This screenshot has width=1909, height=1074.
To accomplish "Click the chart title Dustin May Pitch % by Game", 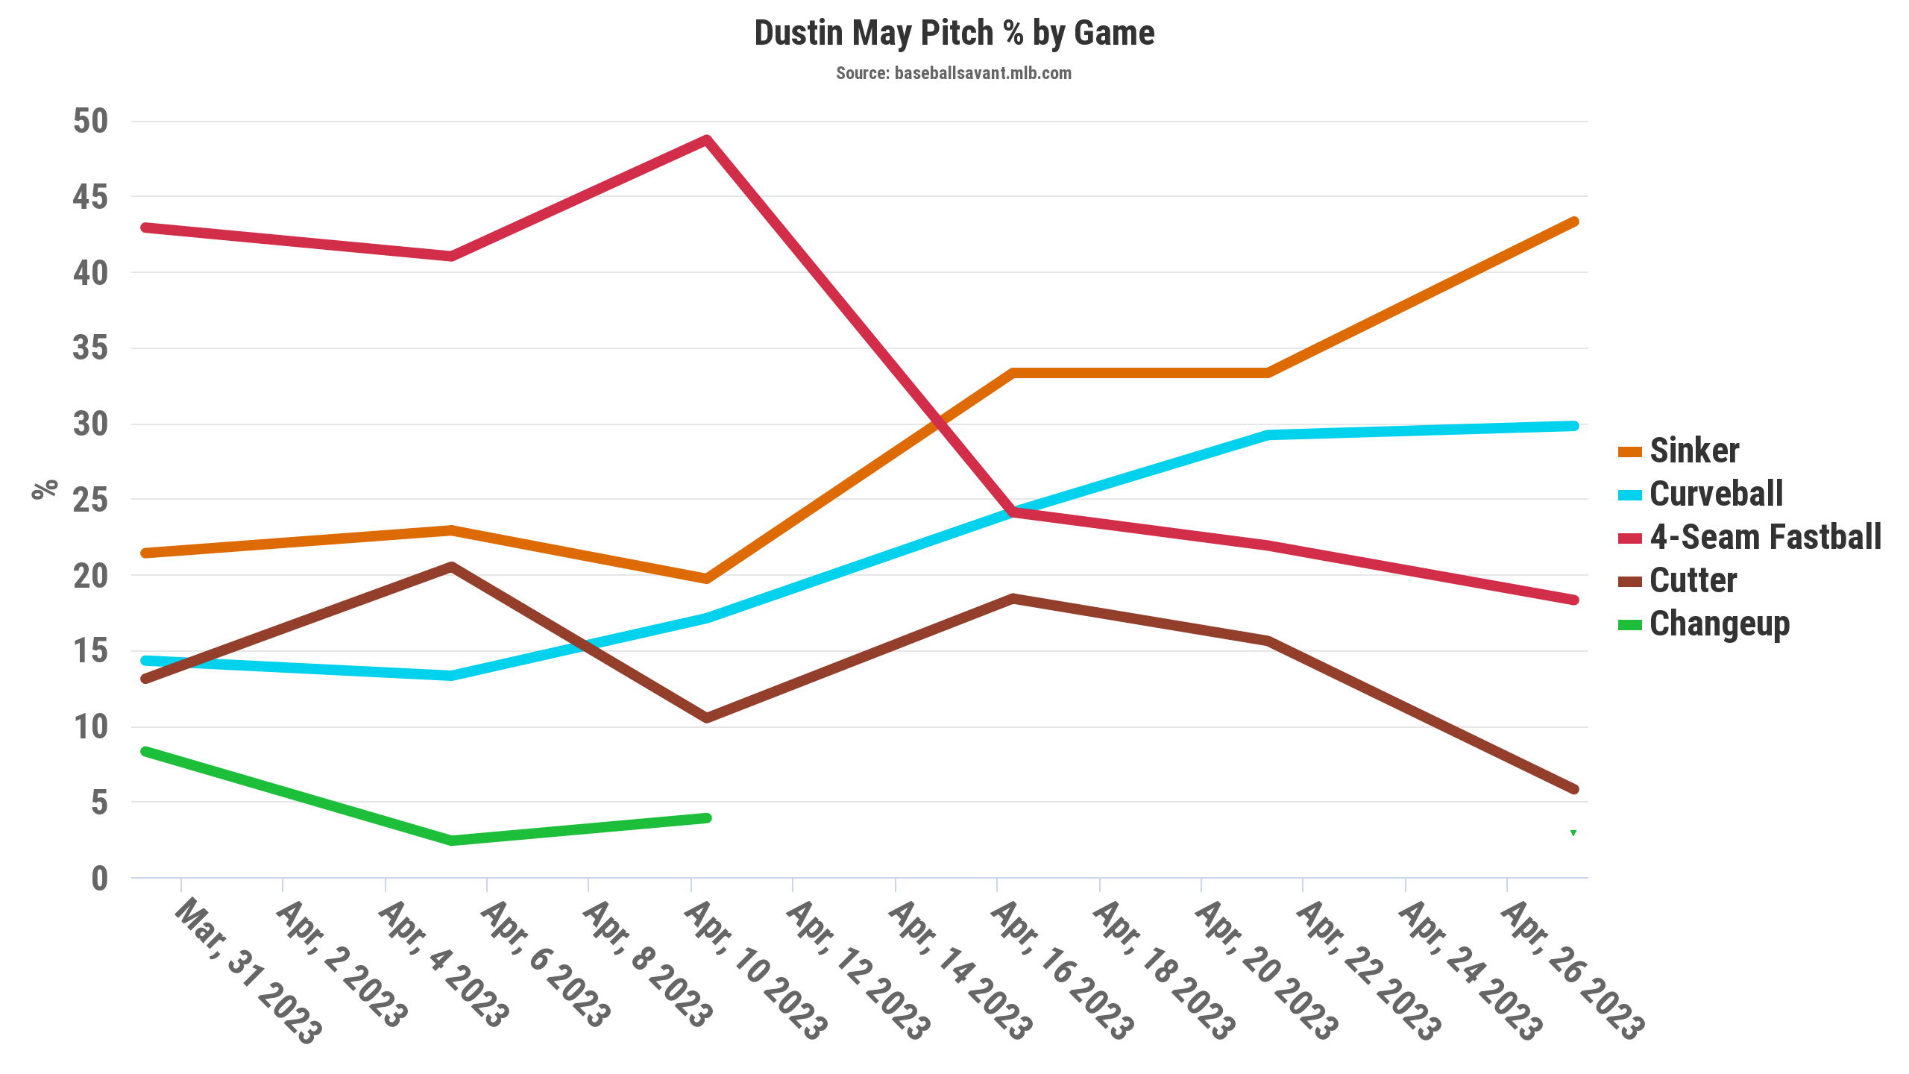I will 954,34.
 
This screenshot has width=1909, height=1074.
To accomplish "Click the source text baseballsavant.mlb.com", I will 954,73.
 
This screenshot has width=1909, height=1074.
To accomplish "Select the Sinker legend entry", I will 1693,451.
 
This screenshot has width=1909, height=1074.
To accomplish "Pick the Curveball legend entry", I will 1715,494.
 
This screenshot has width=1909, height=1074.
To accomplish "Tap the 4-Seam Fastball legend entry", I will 1764,538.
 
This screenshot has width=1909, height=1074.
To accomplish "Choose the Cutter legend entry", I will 1693,581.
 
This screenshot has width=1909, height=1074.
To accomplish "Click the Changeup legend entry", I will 1719,624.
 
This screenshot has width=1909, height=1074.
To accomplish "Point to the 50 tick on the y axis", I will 90,121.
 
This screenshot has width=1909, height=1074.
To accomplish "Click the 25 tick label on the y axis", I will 90,500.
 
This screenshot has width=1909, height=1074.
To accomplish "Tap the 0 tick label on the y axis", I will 99,879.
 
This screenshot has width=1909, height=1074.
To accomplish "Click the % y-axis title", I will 45,489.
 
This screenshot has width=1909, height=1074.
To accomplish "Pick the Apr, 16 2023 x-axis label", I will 1062,970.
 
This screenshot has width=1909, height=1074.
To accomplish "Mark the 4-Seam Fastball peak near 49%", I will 706,139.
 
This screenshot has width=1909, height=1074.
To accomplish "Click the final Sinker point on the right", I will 1573,222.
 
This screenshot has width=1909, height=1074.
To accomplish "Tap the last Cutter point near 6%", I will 1573,789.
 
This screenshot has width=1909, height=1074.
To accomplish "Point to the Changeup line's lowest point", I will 451,841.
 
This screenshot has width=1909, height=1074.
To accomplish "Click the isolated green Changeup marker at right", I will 1573,833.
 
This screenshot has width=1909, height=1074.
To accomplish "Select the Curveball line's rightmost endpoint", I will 1573,426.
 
